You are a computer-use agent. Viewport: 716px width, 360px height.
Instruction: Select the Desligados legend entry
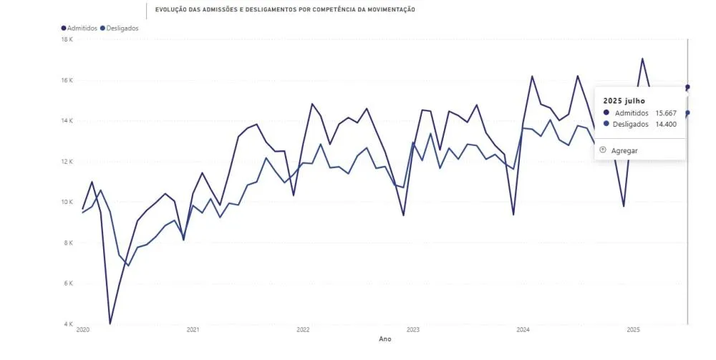[x=122, y=28]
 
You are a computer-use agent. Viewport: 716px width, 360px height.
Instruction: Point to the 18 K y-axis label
[x=68, y=39]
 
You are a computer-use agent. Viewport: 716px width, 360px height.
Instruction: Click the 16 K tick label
[x=68, y=80]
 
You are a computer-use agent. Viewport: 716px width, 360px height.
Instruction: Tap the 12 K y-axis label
[x=68, y=162]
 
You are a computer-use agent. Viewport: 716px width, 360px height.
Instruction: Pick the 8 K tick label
[x=69, y=243]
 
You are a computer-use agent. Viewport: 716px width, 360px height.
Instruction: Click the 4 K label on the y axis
[x=69, y=324]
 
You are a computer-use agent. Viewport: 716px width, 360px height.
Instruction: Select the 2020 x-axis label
[x=82, y=330]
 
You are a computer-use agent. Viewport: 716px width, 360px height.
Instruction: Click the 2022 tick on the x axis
[x=303, y=330]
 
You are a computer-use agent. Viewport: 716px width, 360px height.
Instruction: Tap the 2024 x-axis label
[x=523, y=330]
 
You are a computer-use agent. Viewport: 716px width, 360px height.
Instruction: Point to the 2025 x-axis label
[x=633, y=330]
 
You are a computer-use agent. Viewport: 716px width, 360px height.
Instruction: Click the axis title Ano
[x=385, y=339]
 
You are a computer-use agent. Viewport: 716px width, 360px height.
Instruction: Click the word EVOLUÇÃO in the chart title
[x=172, y=10]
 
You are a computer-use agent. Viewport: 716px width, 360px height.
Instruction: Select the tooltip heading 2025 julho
[x=624, y=101]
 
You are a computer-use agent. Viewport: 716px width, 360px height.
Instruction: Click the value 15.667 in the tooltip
[x=667, y=113]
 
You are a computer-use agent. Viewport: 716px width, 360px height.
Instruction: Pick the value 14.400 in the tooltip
[x=667, y=124]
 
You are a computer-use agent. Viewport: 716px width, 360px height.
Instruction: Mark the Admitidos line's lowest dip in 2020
[x=110, y=323]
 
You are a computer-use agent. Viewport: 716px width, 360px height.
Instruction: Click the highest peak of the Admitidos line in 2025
[x=642, y=59]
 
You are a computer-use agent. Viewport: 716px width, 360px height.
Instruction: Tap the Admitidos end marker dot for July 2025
[x=687, y=87]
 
